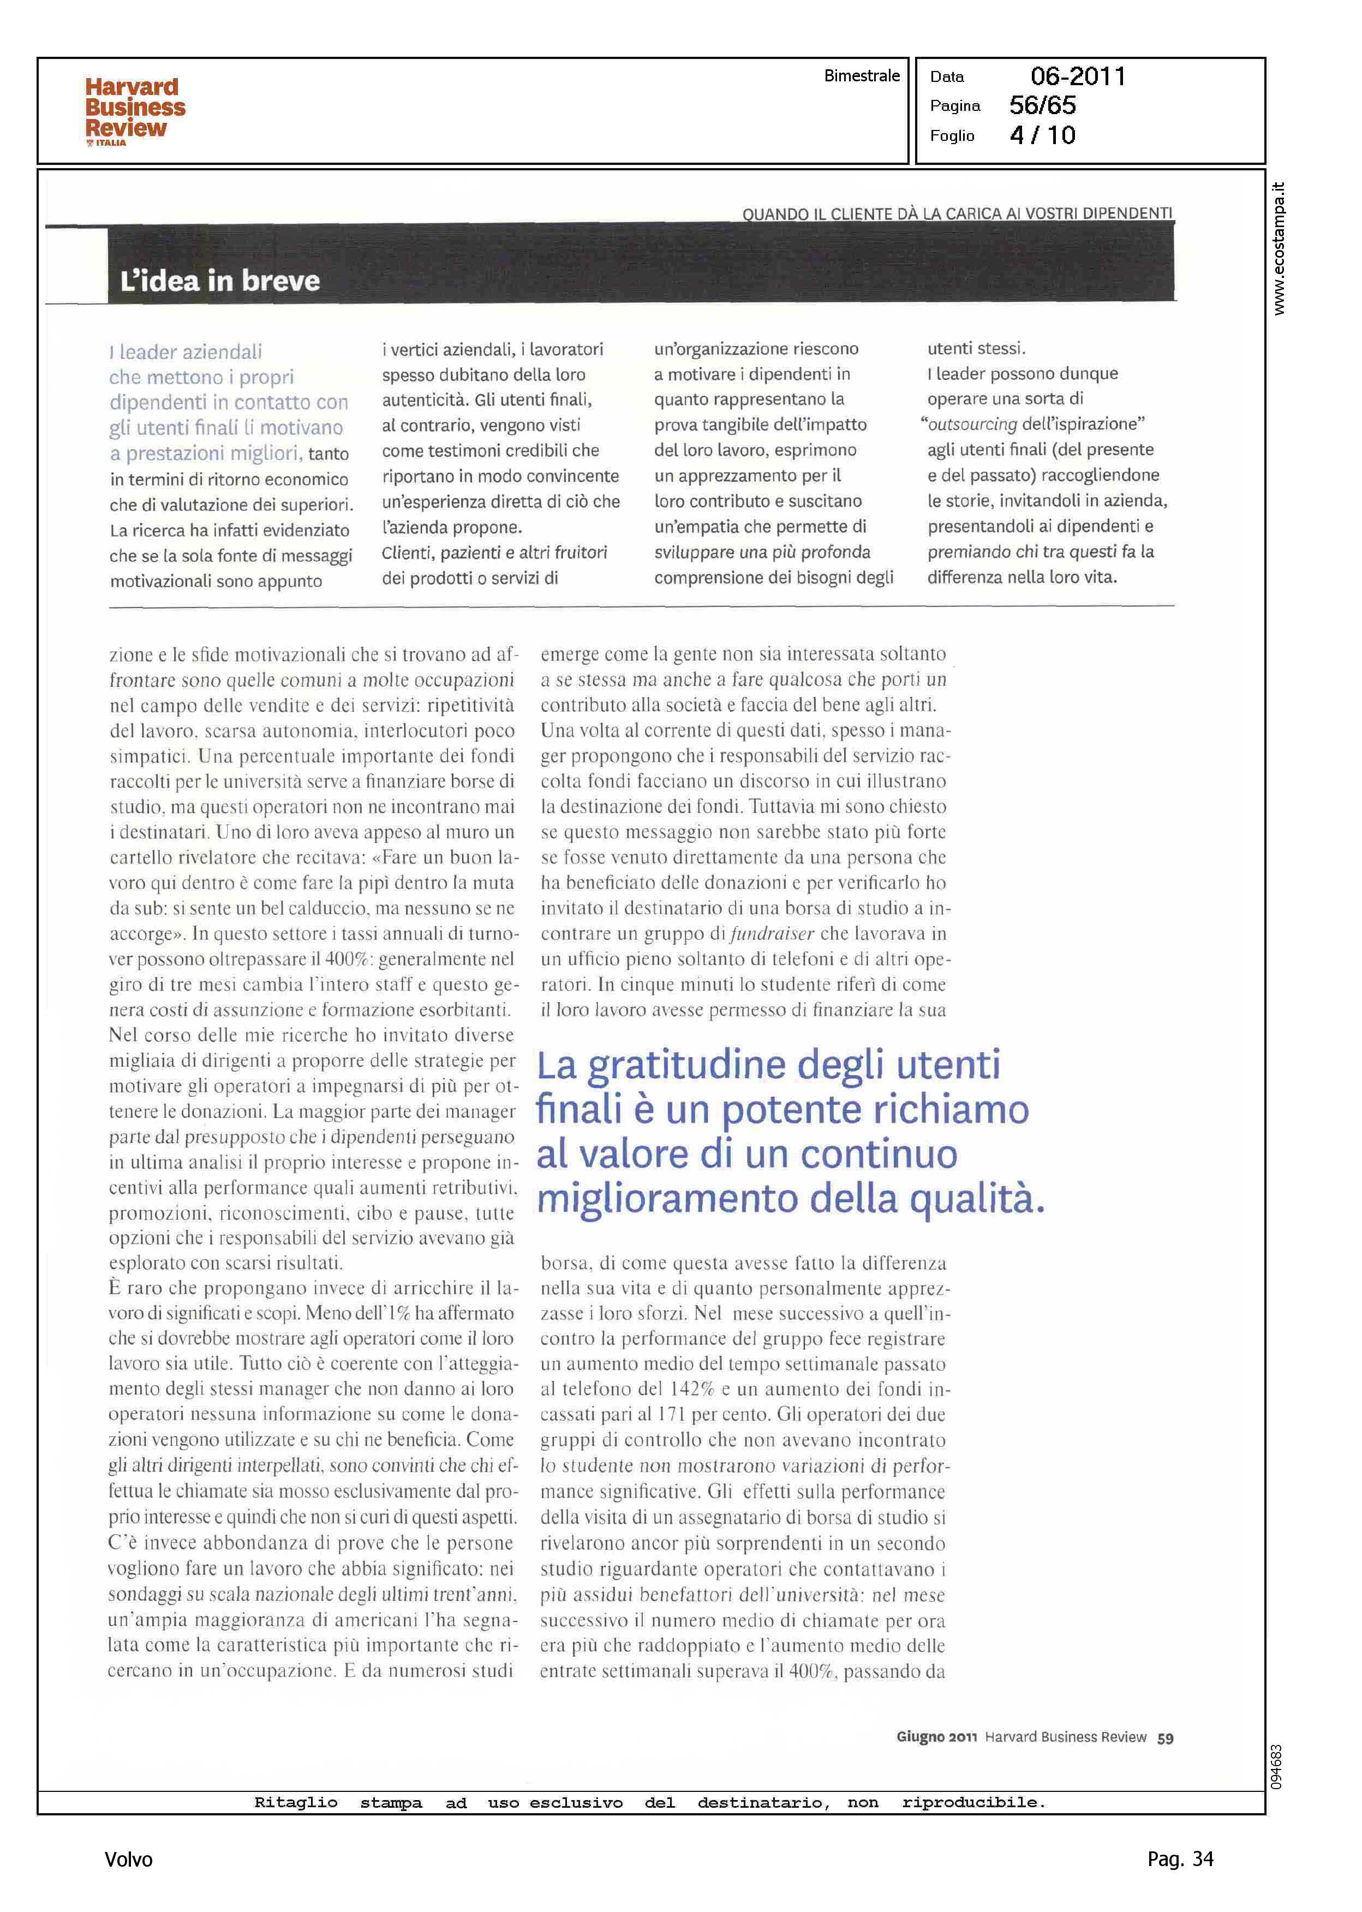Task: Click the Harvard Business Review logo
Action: (134, 111)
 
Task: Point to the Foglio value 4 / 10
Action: (1042, 135)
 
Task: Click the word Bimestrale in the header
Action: (861, 75)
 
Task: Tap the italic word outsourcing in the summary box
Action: (972, 425)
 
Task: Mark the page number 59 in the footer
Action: (1165, 1738)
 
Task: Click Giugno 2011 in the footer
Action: (936, 1737)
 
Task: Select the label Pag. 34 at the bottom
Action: (1180, 1859)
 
